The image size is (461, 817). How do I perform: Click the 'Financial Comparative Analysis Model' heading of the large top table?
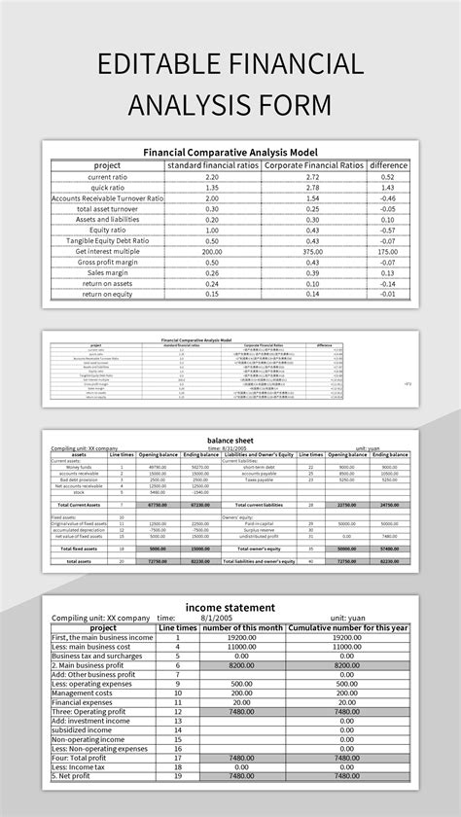click(x=230, y=153)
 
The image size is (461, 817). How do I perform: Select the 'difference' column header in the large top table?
click(x=388, y=165)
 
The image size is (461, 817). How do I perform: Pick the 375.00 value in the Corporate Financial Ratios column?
click(x=312, y=251)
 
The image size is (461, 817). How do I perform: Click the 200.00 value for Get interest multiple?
click(x=212, y=251)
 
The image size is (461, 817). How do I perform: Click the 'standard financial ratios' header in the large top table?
click(x=212, y=165)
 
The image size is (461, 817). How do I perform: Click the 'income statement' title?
click(x=230, y=607)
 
